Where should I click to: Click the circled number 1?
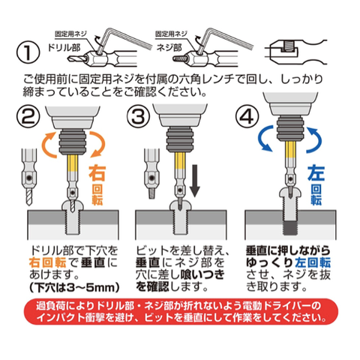(x=28, y=53)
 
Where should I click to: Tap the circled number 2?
(x=28, y=117)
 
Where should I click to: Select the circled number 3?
(x=138, y=117)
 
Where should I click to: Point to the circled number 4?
(x=247, y=117)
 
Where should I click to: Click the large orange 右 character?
(x=97, y=172)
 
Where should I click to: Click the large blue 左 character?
(x=316, y=172)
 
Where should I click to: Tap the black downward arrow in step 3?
(x=195, y=181)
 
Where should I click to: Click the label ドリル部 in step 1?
(x=64, y=47)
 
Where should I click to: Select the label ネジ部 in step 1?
(x=169, y=47)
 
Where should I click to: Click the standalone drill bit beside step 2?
(x=29, y=176)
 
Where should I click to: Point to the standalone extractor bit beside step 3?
(x=151, y=174)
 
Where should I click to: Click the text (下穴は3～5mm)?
(x=74, y=287)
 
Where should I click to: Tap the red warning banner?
(x=181, y=311)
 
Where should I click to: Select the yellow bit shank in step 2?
(x=73, y=163)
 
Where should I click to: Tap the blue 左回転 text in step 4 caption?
(x=313, y=262)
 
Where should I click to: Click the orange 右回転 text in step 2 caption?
(x=47, y=262)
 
